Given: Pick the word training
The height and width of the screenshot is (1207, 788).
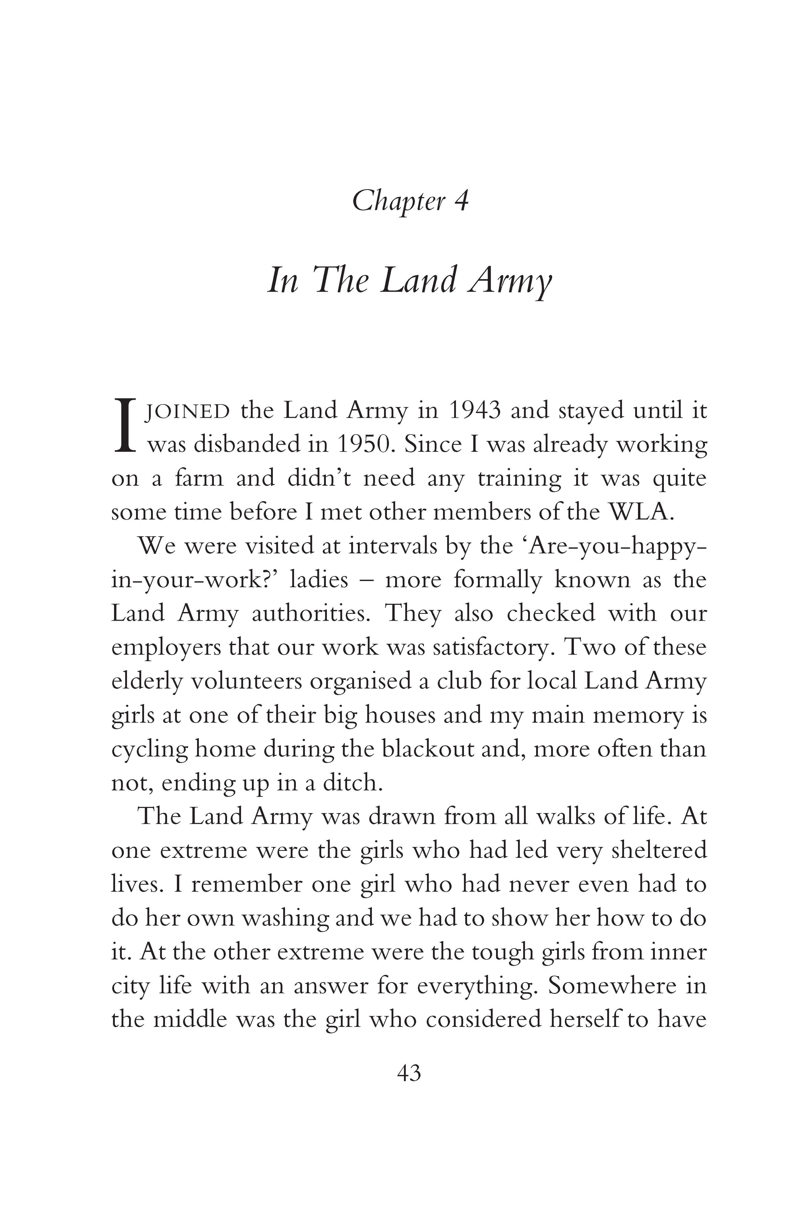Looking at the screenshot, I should [x=519, y=479].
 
